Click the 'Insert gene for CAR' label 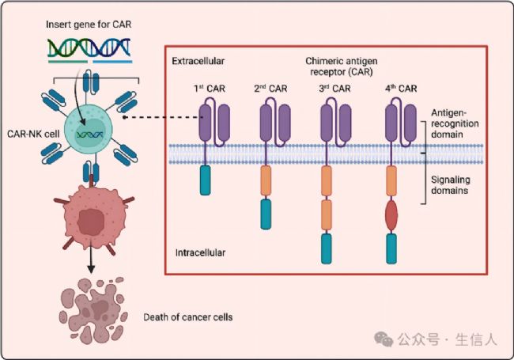point(89,25)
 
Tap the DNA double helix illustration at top point(89,48)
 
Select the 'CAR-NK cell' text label point(33,134)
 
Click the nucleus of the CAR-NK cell point(90,134)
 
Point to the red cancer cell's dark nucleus point(91,222)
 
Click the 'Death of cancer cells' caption point(188,317)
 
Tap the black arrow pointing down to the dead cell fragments point(91,258)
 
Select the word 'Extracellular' point(198,61)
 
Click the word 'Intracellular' point(200,252)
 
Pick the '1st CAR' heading point(210,89)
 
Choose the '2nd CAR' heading point(270,89)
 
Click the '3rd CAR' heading point(334,89)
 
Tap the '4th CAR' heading point(401,89)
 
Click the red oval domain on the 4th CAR point(391,215)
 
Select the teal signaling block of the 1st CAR point(206,180)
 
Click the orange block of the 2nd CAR point(266,180)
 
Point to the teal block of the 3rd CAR point(326,248)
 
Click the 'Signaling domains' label point(450,185)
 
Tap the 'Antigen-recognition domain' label point(455,123)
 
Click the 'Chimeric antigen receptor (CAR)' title point(342,66)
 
